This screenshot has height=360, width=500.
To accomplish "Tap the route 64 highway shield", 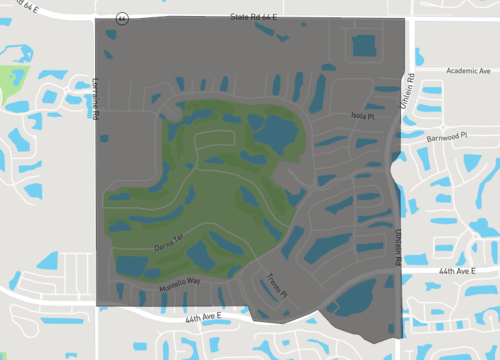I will point(121,18).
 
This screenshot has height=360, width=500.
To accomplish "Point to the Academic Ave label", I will point(469,71).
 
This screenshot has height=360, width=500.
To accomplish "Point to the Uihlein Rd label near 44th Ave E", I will point(396,246).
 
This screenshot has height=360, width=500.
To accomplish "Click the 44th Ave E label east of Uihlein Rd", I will point(460,271).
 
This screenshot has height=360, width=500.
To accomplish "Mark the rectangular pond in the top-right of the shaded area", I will point(364,46).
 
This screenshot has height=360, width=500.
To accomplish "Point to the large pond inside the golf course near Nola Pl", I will point(272,131).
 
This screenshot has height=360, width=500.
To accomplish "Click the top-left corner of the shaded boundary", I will point(95,18).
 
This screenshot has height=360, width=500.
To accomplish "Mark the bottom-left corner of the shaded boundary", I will point(96,304).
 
